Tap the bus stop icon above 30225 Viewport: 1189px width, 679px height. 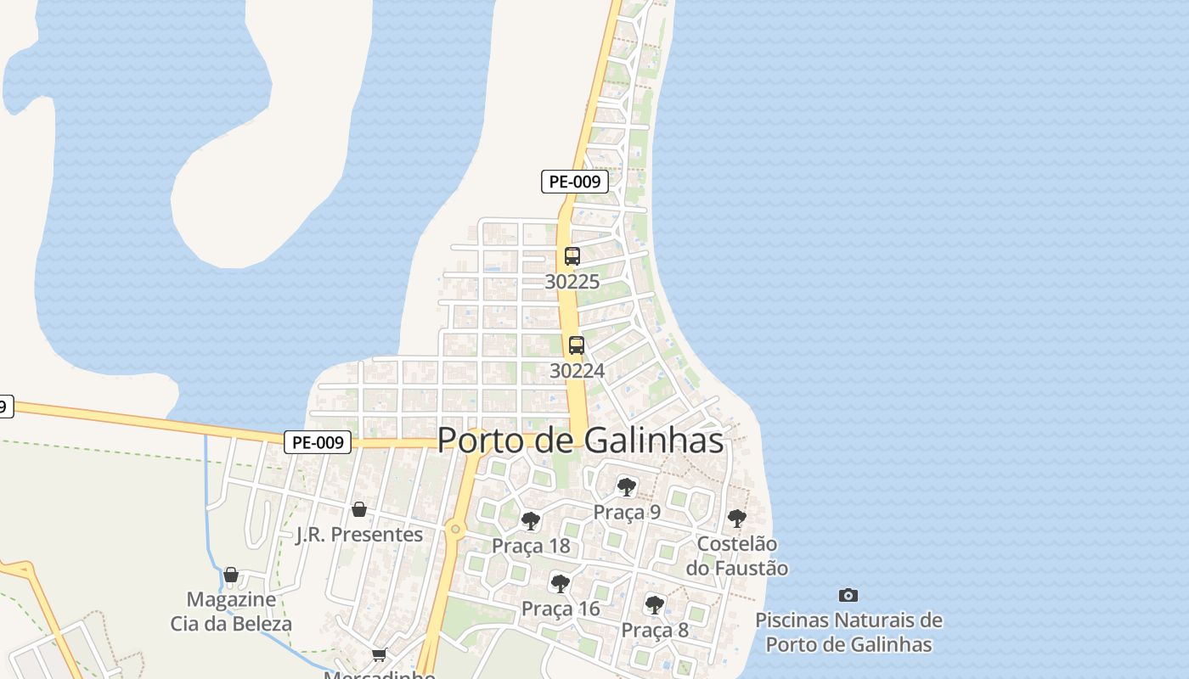[572, 256]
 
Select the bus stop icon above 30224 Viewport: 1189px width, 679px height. [577, 345]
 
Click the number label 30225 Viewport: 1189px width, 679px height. [572, 282]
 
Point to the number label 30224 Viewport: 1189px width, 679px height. [577, 371]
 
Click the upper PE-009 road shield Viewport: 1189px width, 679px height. [575, 181]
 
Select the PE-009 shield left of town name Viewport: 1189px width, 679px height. [318, 442]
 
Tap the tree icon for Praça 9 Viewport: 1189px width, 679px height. [627, 487]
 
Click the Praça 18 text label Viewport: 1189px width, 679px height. [531, 546]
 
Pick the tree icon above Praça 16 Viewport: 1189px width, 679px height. [560, 584]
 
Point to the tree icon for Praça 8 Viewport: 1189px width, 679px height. [654, 605]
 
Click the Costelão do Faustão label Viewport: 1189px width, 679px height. [736, 556]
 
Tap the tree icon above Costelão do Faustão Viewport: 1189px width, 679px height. [736, 518]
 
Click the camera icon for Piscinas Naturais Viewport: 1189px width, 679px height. [848, 595]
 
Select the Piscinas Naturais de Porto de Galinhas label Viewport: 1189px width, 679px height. [848, 632]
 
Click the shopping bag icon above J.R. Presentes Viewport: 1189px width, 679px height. [359, 509]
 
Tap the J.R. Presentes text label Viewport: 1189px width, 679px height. [359, 535]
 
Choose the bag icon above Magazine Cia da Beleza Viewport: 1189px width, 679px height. [231, 575]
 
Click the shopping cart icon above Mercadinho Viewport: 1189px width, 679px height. [379, 655]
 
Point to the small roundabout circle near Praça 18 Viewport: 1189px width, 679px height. [456, 530]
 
